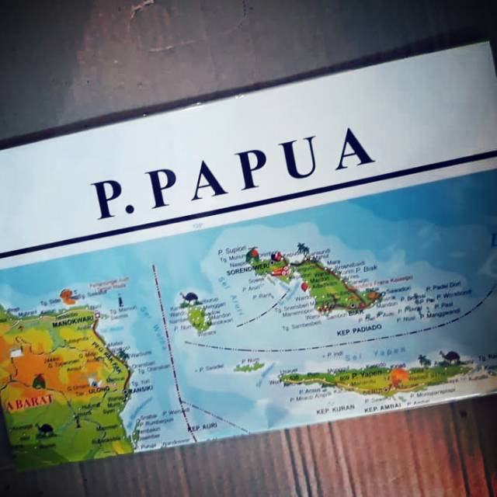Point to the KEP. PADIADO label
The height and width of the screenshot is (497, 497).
[x=362, y=330]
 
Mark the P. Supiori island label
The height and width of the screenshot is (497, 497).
[x=232, y=250]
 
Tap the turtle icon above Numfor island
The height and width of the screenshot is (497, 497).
[x=190, y=297]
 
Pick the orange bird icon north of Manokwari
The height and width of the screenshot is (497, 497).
[x=70, y=296]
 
